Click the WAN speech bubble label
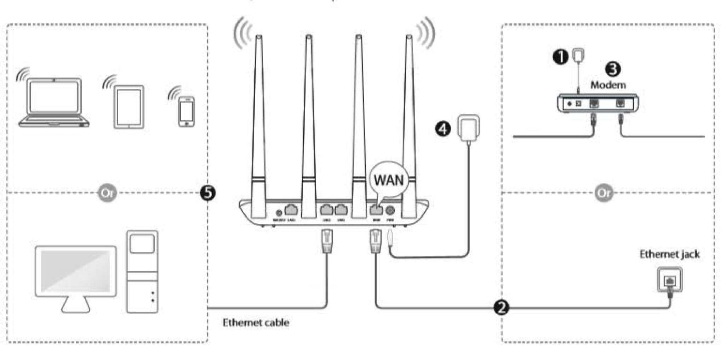pyautogui.click(x=388, y=180)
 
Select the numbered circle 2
pyautogui.click(x=501, y=307)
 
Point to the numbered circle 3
pyautogui.click(x=613, y=69)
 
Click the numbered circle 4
pyautogui.click(x=443, y=128)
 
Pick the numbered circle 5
pyautogui.click(x=208, y=193)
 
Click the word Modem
pyautogui.click(x=608, y=85)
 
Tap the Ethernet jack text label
pyautogui.click(x=669, y=254)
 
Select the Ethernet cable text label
pyautogui.click(x=256, y=322)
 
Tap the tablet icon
pyautogui.click(x=129, y=107)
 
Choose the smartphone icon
pyautogui.click(x=186, y=111)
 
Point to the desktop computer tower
pyautogui.click(x=142, y=272)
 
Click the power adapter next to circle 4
pyautogui.click(x=469, y=128)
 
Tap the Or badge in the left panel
pyautogui.click(x=107, y=193)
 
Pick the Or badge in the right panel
pyautogui.click(x=604, y=193)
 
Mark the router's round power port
pyautogui.click(x=390, y=211)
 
